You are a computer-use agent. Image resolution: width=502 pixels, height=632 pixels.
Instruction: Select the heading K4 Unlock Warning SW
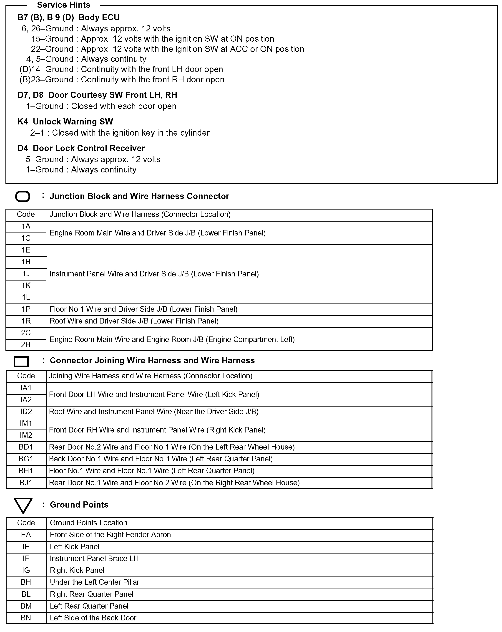(65, 122)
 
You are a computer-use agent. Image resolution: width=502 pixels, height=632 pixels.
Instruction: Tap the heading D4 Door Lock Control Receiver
(81, 148)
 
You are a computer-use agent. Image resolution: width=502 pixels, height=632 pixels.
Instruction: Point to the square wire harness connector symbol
(21, 362)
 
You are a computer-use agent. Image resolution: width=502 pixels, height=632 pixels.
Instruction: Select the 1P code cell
(26, 309)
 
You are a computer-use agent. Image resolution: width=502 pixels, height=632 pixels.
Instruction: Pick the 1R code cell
(26, 321)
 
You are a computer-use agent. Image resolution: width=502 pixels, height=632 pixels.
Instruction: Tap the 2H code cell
(26, 344)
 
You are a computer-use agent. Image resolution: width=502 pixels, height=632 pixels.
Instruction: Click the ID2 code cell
(26, 412)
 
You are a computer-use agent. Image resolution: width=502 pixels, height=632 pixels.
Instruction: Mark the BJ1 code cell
(26, 483)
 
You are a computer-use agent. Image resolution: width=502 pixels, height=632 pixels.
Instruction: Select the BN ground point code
(26, 618)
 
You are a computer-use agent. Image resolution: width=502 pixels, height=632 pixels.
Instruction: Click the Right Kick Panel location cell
(77, 570)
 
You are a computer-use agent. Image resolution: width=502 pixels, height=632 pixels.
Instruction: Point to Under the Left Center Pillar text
(95, 582)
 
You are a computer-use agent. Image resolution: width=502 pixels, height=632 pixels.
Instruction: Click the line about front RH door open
(122, 80)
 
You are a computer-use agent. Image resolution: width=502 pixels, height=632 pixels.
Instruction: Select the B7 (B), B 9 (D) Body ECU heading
(68, 18)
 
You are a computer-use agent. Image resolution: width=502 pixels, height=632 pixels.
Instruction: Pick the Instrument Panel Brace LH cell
(94, 559)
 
